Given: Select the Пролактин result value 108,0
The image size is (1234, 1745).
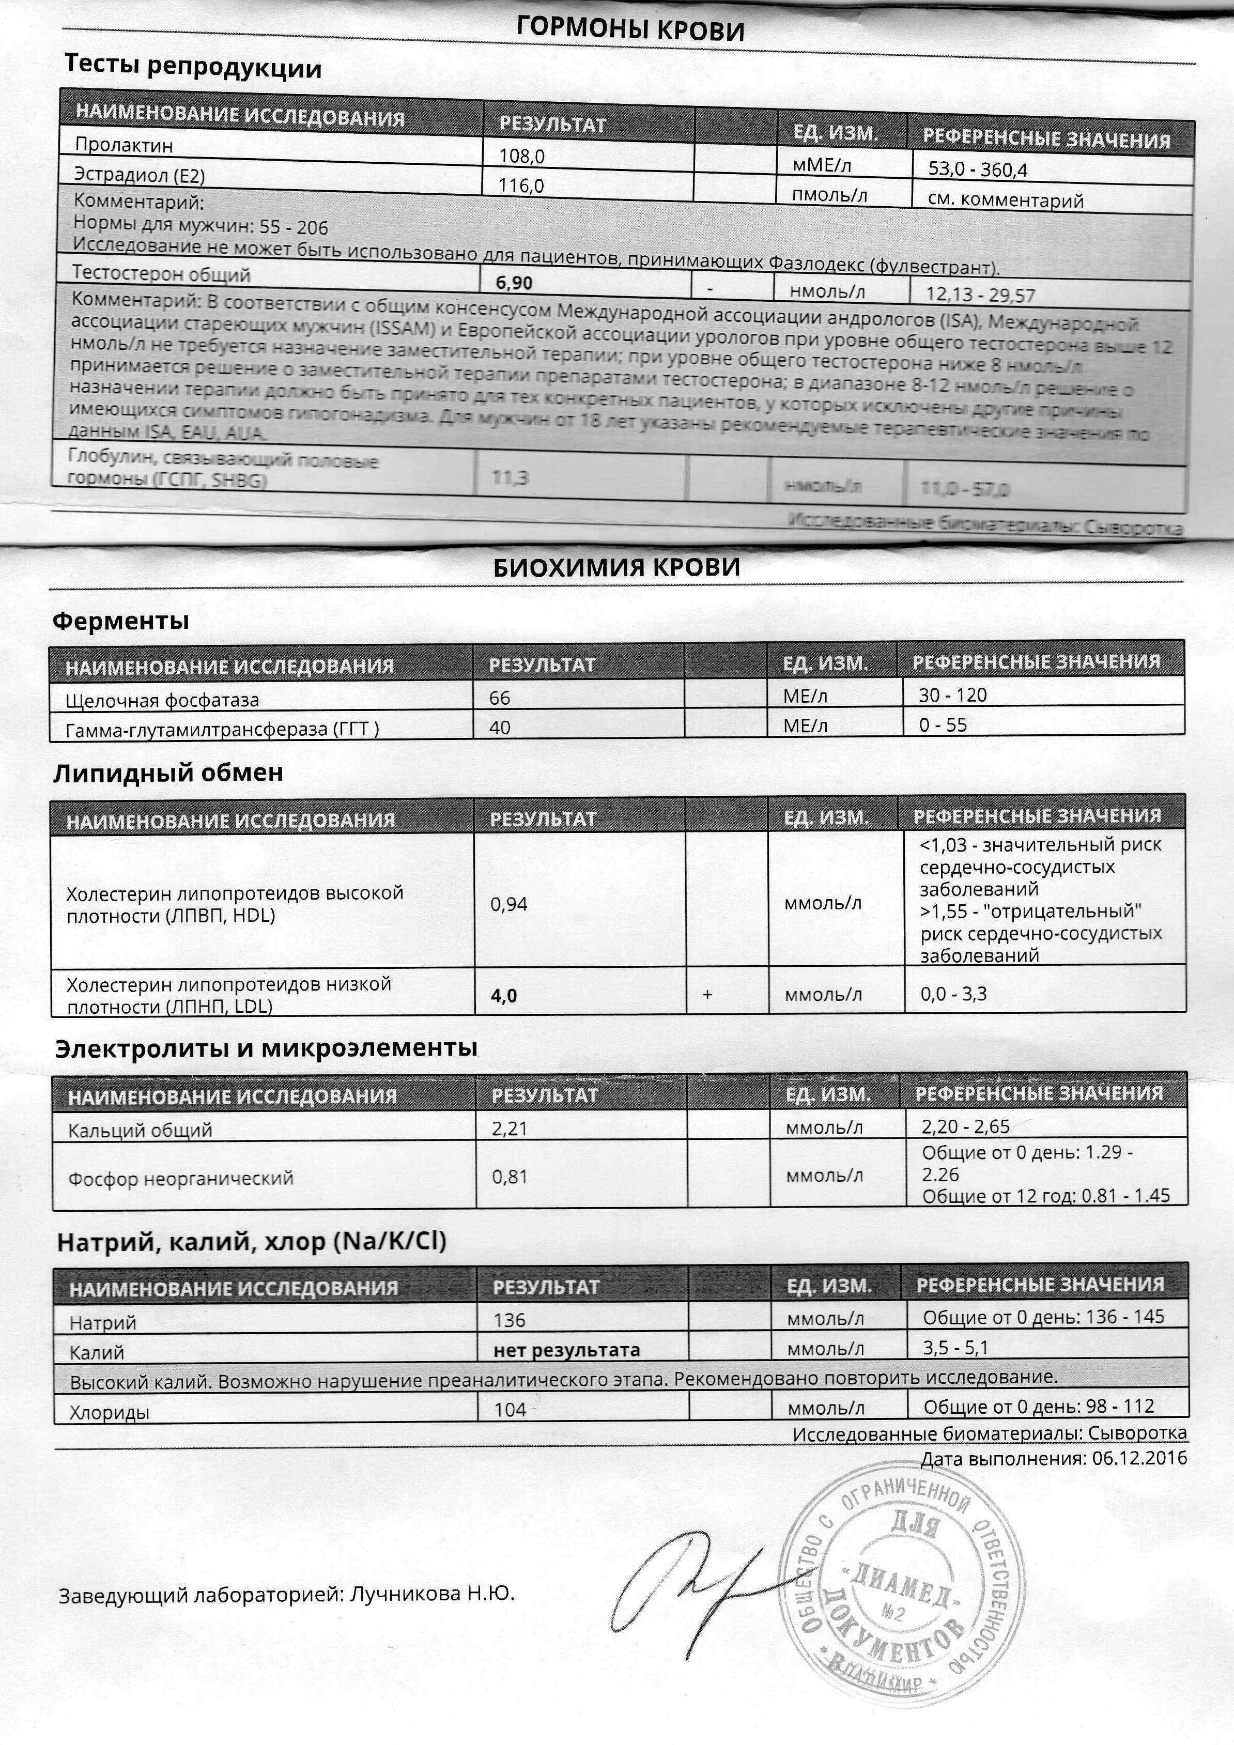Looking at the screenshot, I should coord(521,157).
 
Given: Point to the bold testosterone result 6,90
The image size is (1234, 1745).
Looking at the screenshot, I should coord(514,283).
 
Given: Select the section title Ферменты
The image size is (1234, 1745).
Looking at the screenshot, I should coord(120,621).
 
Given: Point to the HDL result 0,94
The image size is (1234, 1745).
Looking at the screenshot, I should coord(508,904).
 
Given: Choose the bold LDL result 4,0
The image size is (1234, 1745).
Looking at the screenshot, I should coord(504,996).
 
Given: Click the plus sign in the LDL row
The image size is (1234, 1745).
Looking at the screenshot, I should coord(707,994).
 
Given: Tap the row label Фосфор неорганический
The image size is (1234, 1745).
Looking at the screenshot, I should coord(181,1179).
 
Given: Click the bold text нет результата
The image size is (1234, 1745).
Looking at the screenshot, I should coord(566,1350).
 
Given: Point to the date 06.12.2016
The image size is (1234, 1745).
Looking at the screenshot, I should coord(1139,1459).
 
